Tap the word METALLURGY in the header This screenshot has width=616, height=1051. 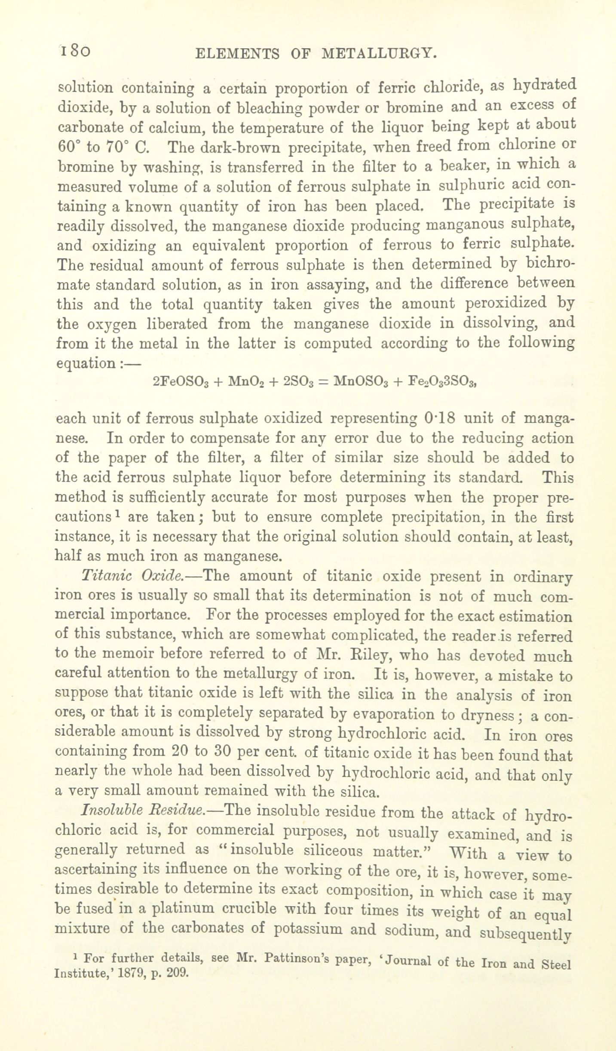(x=379, y=54)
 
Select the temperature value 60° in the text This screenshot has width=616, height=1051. (x=67, y=147)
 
